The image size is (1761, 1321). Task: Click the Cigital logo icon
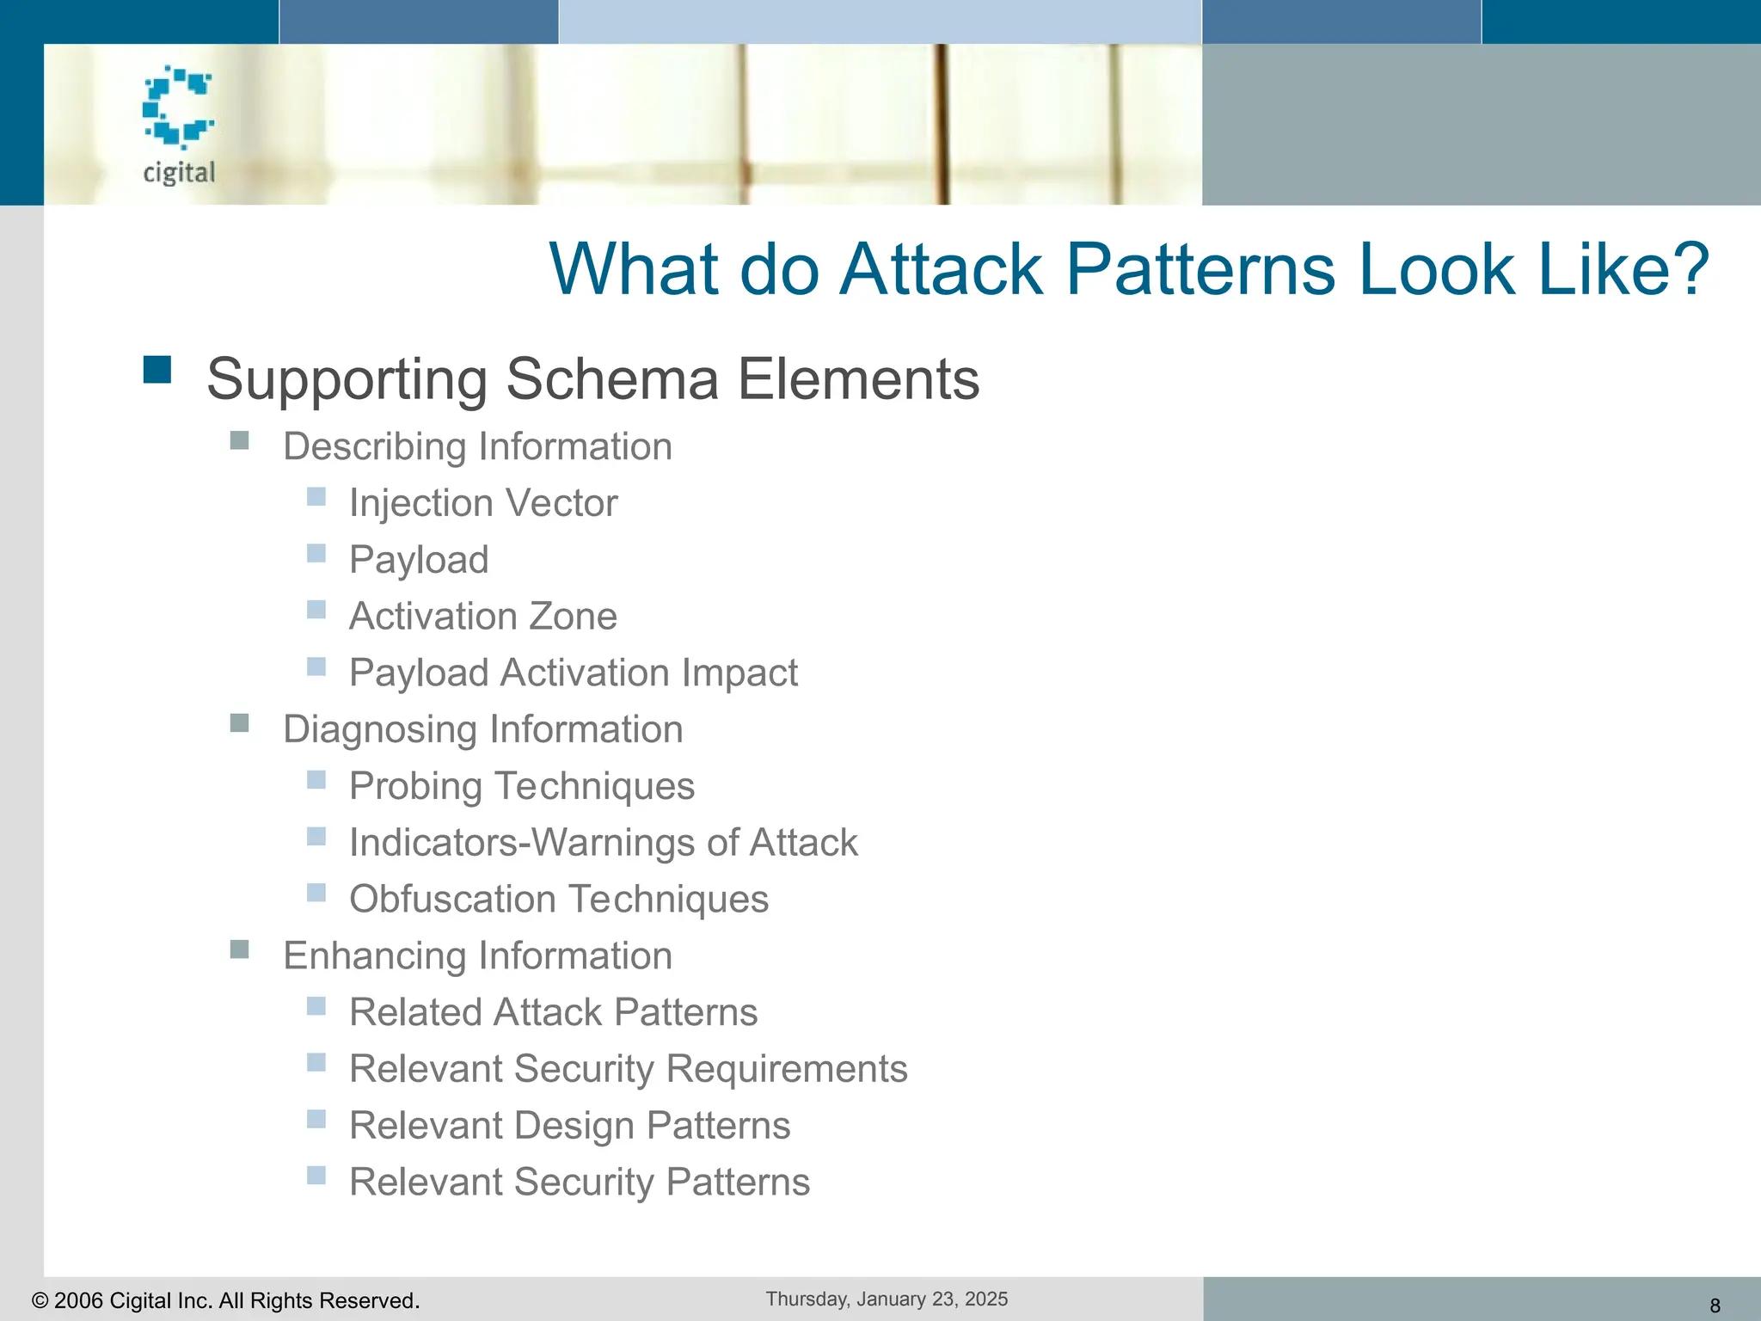[178, 107]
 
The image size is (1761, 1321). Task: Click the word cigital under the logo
[179, 172]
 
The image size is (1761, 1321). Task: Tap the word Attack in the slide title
[942, 269]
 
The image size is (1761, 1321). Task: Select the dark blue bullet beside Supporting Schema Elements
[157, 370]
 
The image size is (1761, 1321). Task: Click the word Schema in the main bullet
[613, 379]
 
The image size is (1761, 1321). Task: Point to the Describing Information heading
[477, 446]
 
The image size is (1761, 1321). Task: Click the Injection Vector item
[482, 503]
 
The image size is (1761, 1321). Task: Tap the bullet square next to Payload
[316, 553]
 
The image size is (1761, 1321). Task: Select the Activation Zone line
[482, 617]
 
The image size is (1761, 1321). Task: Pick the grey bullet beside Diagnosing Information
[240, 722]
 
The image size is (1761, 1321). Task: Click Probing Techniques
[521, 786]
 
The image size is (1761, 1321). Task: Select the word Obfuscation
[452, 900]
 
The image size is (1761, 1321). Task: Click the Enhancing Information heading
[477, 955]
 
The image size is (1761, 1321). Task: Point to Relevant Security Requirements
[628, 1069]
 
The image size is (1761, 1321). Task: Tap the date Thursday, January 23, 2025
[887, 1299]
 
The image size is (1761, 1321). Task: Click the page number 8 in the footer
[1715, 1306]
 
